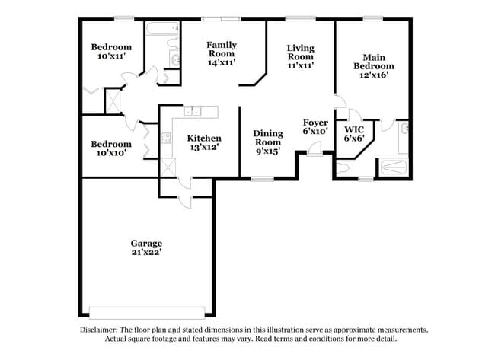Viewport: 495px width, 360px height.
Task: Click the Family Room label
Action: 222,45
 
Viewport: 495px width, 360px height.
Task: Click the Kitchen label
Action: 203,138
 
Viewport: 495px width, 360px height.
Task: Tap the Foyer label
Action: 315,122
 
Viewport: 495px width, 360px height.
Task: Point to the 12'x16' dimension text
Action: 373,75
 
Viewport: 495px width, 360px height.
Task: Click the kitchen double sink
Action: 193,111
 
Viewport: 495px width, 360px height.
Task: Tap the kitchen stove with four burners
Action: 166,139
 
